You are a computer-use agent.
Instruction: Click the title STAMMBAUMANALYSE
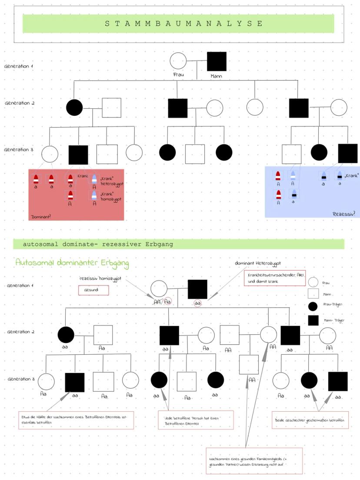click(184, 23)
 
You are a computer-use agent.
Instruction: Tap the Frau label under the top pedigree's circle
click(178, 74)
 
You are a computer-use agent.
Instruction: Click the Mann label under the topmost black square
click(216, 76)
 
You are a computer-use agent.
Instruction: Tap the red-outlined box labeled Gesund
click(93, 290)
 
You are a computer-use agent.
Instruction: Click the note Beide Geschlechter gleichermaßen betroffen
click(311, 420)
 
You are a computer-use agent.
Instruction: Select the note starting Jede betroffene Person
click(196, 420)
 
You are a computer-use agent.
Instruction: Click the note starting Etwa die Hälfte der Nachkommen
click(76, 420)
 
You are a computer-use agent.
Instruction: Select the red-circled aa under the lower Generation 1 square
click(198, 304)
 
